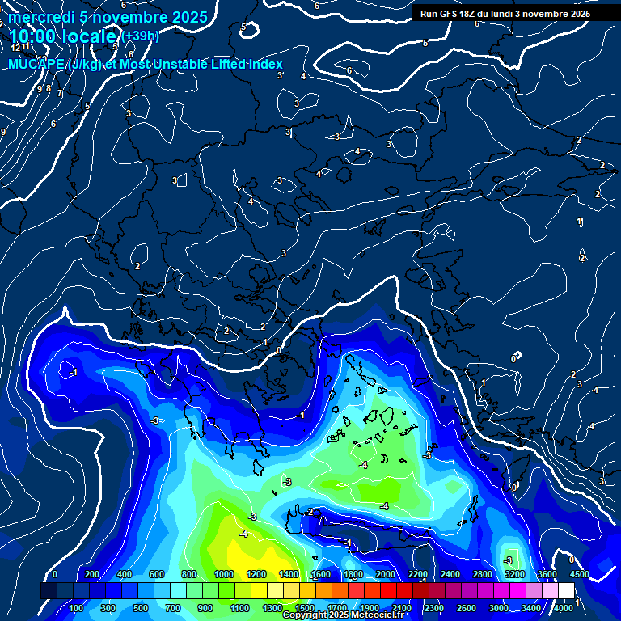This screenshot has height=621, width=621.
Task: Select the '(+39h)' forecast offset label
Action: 141,36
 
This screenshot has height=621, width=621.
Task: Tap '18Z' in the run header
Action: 476,14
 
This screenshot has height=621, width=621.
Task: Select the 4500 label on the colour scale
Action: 580,574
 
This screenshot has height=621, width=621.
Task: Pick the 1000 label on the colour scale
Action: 224,574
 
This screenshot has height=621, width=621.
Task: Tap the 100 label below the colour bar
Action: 77,608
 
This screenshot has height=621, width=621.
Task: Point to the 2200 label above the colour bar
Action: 418,574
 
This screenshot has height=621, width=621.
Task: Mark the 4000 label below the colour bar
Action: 564,608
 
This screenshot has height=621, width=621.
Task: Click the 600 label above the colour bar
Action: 157,574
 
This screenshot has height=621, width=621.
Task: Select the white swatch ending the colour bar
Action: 569,591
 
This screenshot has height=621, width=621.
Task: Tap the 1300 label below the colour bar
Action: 272,608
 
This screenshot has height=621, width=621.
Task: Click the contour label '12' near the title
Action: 15,48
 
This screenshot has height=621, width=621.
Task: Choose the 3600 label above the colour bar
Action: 547,574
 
